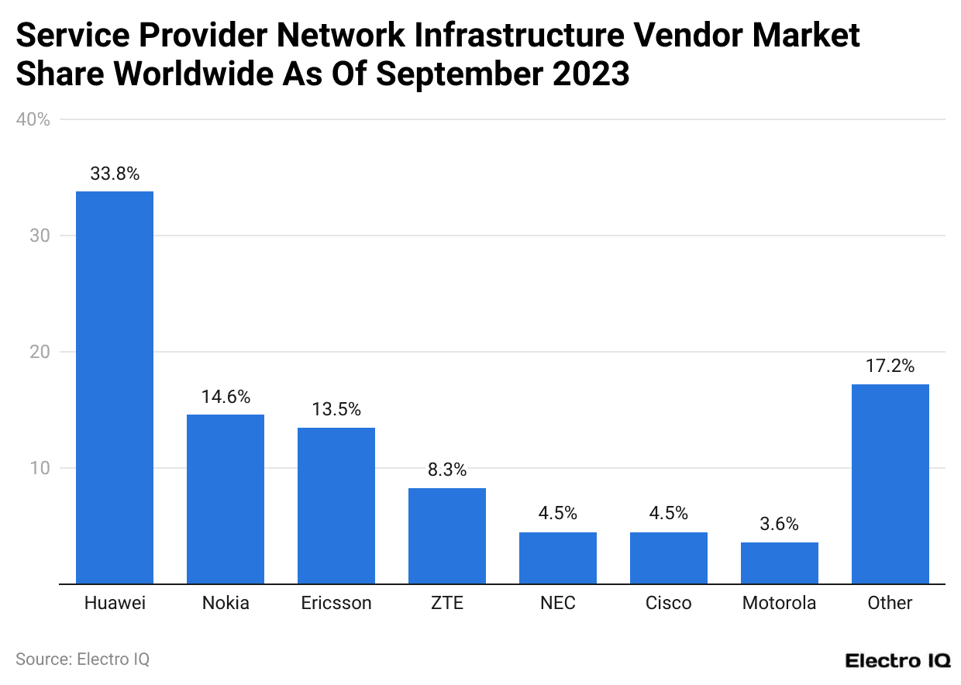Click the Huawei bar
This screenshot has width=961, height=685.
point(114,387)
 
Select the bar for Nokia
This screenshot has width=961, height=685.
point(225,499)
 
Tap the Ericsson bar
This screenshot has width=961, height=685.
point(336,505)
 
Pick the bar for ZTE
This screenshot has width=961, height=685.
point(446,535)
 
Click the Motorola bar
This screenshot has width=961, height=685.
point(779,563)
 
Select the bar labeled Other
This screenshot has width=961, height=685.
point(890,484)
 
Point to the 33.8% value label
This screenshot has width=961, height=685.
point(115,174)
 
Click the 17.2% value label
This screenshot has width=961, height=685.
point(890,367)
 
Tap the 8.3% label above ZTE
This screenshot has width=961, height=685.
point(446,470)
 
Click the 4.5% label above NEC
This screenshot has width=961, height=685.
point(558,514)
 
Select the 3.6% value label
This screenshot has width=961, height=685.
point(779,525)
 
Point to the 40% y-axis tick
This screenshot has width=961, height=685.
point(33,119)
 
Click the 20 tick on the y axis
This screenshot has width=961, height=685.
point(40,352)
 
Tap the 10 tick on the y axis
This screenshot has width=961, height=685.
point(40,468)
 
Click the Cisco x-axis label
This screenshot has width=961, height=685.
point(668,603)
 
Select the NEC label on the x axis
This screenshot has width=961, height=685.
point(558,603)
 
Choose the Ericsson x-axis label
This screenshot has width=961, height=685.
point(336,603)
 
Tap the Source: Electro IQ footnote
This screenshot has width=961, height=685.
point(82,659)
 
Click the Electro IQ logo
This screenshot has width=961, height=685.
point(897,661)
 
